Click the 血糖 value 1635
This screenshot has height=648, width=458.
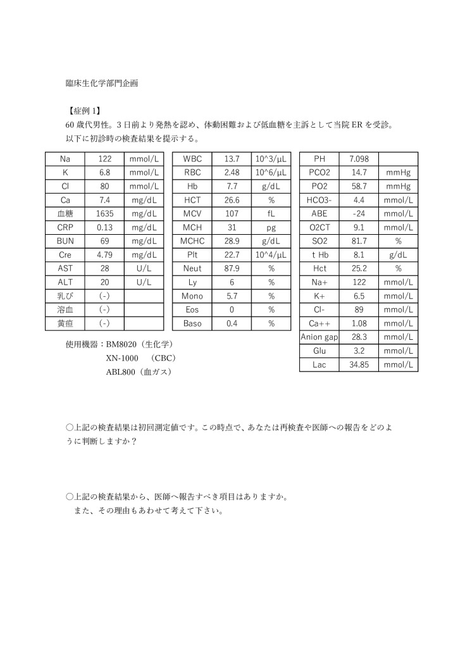click(x=105, y=214)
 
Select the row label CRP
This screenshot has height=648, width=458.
click(x=65, y=227)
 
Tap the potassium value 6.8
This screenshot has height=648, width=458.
click(x=105, y=172)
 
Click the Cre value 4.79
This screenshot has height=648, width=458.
click(x=105, y=255)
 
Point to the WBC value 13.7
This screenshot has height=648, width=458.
click(x=232, y=158)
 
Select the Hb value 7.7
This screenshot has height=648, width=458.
click(x=232, y=186)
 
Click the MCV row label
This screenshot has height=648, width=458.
click(x=192, y=214)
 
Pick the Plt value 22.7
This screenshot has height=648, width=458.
click(x=232, y=255)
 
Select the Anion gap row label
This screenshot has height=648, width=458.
click(x=319, y=337)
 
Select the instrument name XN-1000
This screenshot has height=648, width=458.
click(x=122, y=358)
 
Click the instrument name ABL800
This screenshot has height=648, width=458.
click(x=121, y=371)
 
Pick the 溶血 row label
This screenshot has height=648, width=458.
click(x=65, y=310)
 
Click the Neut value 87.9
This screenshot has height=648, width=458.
click(x=232, y=269)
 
